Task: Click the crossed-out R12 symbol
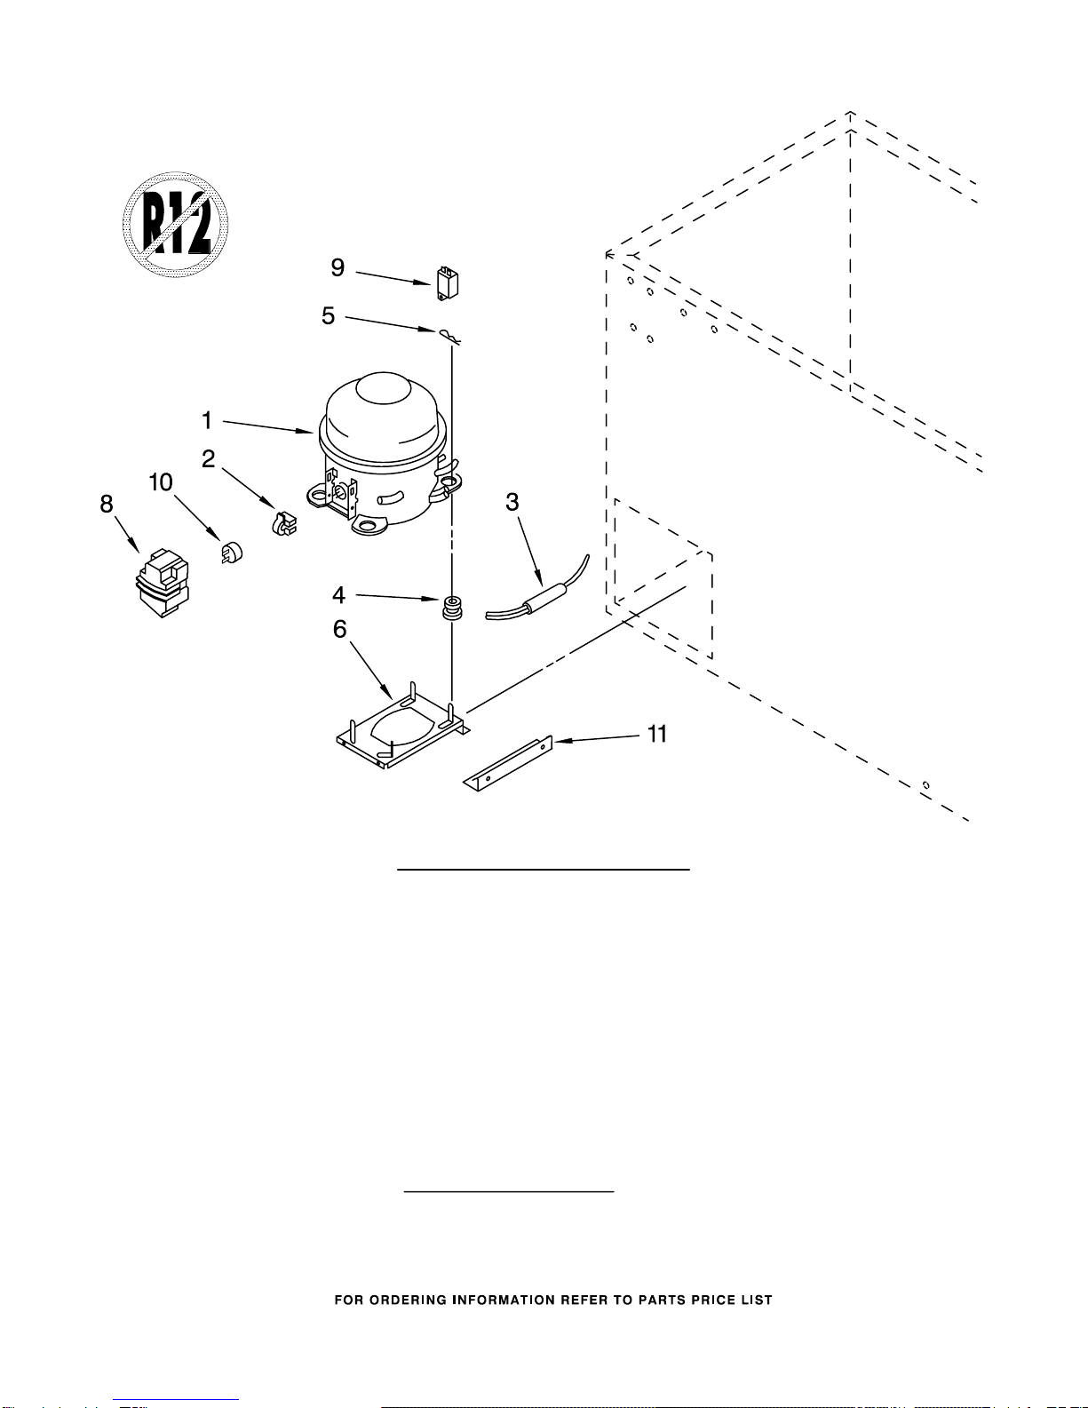[x=175, y=225]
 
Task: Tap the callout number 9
[x=338, y=267]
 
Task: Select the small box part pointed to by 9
[x=448, y=283]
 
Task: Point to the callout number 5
[x=329, y=315]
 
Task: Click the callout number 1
[x=207, y=420]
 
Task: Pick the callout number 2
[x=208, y=458]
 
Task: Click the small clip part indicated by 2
[x=284, y=523]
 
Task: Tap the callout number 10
[x=161, y=482]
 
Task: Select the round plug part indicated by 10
[x=232, y=552]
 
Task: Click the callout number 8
[x=107, y=504]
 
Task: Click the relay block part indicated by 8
[x=162, y=583]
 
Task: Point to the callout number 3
[x=512, y=502]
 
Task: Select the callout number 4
[x=338, y=595]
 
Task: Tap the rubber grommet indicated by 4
[x=452, y=607]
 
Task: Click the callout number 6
[x=339, y=629]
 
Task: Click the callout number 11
[x=656, y=734]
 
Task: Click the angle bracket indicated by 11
[x=508, y=763]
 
